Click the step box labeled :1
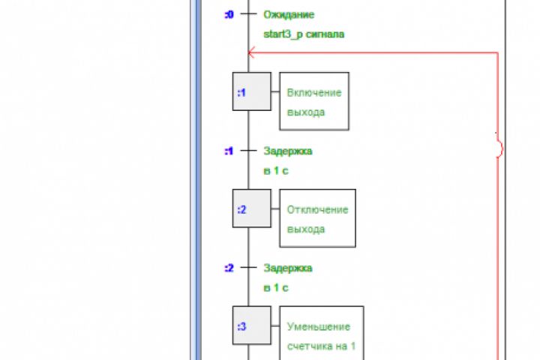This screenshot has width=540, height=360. click(x=251, y=91)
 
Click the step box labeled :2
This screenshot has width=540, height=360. click(x=251, y=209)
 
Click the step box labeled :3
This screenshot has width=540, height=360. click(x=251, y=325)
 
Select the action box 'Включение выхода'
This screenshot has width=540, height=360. click(x=314, y=102)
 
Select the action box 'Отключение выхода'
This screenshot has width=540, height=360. click(x=317, y=218)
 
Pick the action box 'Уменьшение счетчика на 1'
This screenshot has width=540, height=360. click(x=321, y=335)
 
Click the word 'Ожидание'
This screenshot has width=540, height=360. click(x=289, y=14)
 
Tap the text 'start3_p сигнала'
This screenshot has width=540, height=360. click(x=304, y=34)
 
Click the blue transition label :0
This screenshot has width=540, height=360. click(x=229, y=14)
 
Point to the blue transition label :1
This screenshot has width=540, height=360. click(x=229, y=151)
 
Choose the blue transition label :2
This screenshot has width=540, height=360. click(x=229, y=268)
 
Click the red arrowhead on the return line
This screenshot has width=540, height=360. click(x=252, y=52)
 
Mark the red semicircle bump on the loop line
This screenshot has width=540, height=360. click(x=499, y=147)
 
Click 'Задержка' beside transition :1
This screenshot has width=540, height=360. click(x=288, y=151)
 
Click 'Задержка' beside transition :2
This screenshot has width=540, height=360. click(x=288, y=268)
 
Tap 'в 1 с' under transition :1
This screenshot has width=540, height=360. click(x=276, y=170)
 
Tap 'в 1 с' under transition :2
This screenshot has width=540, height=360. click(x=276, y=287)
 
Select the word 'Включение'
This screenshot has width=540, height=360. click(x=314, y=92)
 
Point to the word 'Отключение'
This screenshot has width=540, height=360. click(x=317, y=209)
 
